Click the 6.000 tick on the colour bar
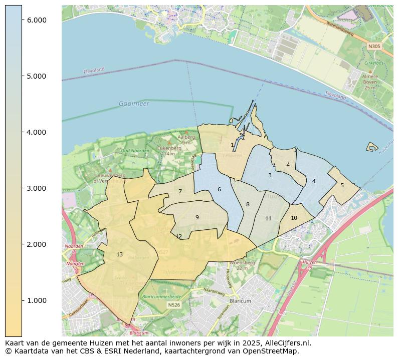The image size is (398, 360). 22,20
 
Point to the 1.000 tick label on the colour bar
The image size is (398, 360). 36,300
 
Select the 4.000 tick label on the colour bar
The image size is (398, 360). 36,132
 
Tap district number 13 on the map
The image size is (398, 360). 119,255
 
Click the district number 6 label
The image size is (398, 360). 219,189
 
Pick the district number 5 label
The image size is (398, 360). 342,185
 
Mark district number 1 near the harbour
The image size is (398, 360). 232,145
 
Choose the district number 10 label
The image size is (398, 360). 294,218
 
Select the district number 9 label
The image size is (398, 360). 197,217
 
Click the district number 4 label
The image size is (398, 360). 314,181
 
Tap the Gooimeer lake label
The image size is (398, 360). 134,104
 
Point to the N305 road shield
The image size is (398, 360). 374,46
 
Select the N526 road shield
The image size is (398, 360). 174,304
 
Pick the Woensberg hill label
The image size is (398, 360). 243,262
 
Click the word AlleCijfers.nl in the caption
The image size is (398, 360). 286,343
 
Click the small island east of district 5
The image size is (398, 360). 372,146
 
